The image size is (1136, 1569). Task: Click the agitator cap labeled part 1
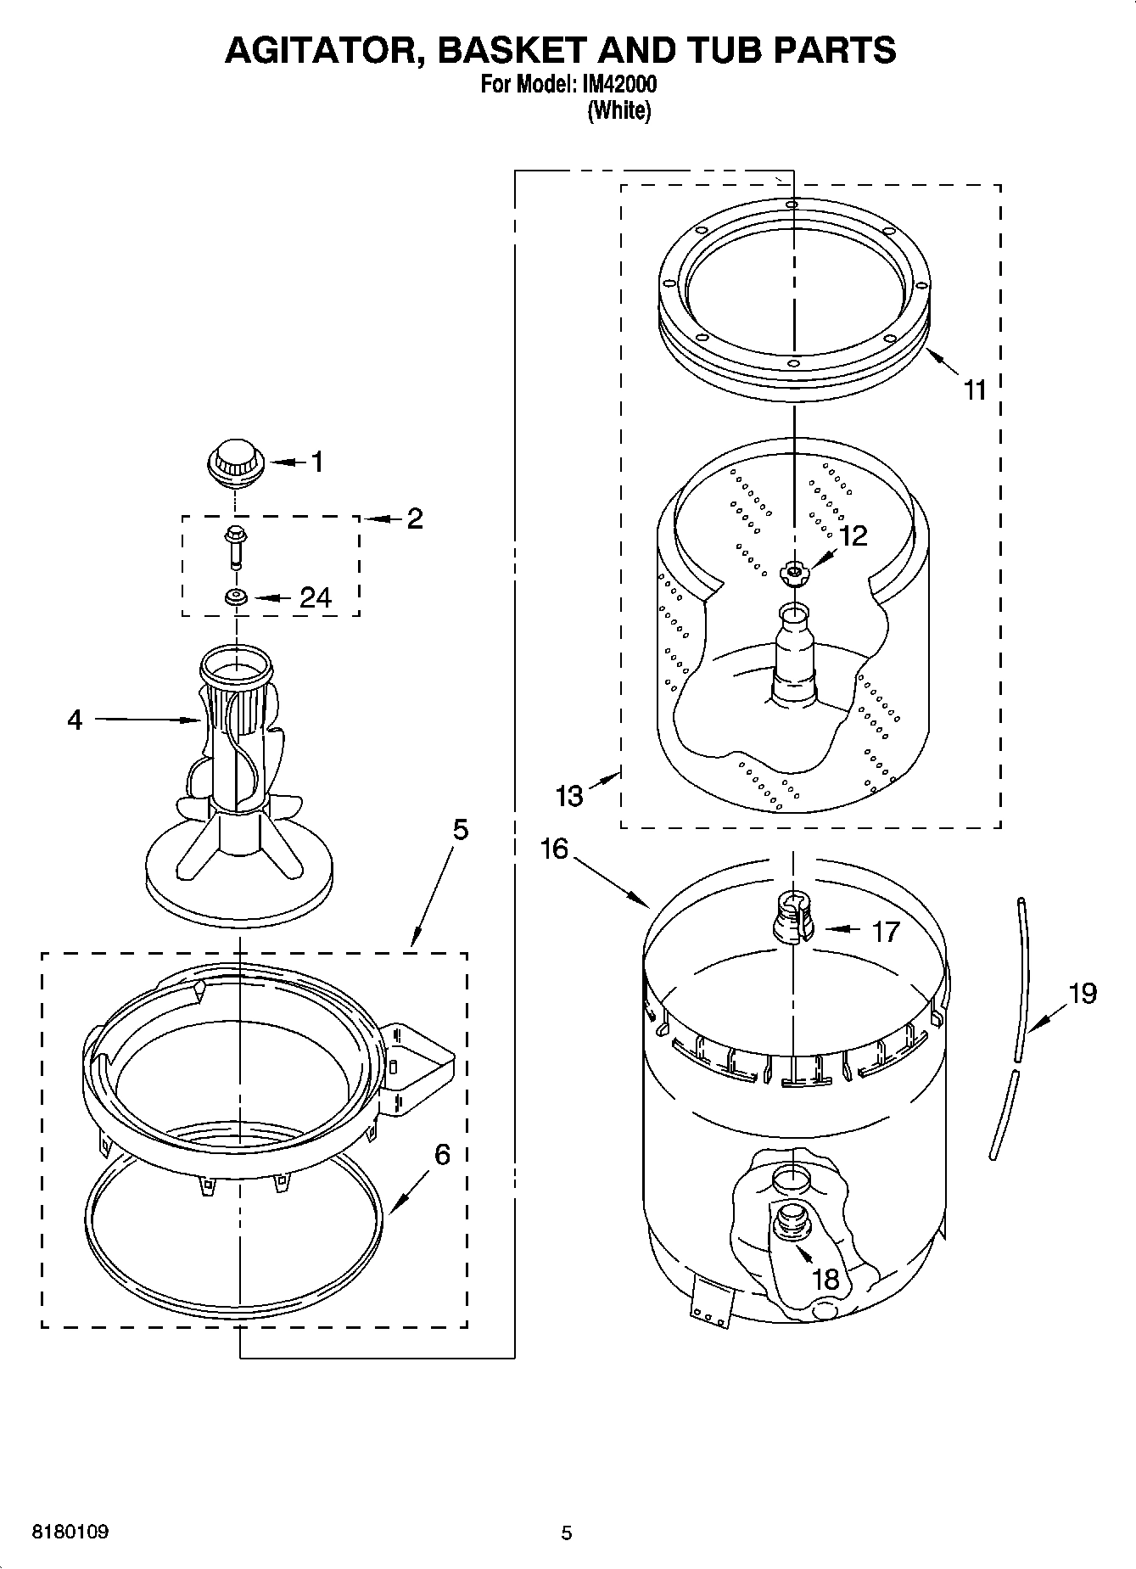235,463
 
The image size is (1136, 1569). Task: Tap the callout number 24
315,597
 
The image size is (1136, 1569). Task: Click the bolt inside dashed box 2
234,544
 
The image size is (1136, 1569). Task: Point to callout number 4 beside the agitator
75,720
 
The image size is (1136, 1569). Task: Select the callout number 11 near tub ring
976,389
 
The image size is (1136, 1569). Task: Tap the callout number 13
569,795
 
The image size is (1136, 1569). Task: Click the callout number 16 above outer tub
554,848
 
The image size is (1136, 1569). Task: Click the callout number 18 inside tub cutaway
825,1279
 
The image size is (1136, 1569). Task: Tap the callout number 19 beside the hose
1083,992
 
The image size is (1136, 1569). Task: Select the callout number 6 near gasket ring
442,1154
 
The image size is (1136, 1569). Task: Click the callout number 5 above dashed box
460,829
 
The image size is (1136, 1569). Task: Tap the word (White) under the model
619,110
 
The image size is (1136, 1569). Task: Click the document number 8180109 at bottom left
70,1532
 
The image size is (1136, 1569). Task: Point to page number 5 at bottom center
567,1533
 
